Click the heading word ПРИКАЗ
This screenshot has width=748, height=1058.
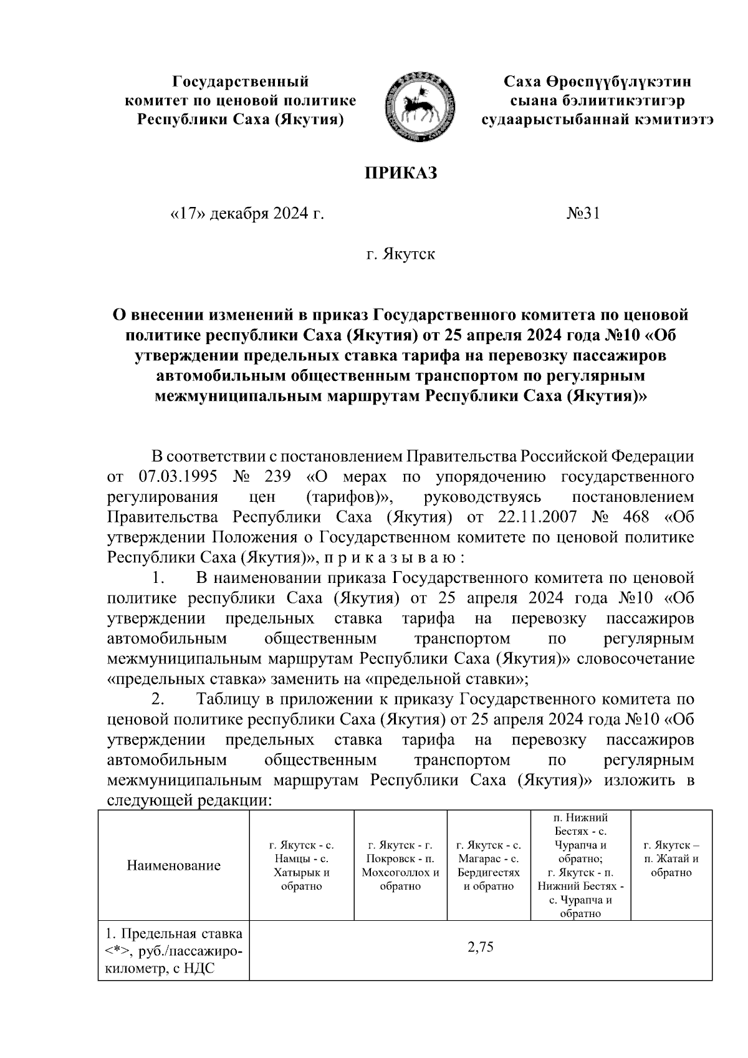click(401, 173)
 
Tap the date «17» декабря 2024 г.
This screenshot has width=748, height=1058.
click(247, 214)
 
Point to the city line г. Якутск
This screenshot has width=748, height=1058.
click(401, 254)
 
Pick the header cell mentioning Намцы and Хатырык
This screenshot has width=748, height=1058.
click(302, 865)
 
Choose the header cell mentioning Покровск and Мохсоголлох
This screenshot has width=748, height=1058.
click(400, 865)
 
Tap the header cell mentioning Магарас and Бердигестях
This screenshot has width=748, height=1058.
click(489, 865)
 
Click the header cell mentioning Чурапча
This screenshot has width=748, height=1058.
click(580, 865)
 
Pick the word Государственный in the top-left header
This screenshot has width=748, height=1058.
click(241, 82)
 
